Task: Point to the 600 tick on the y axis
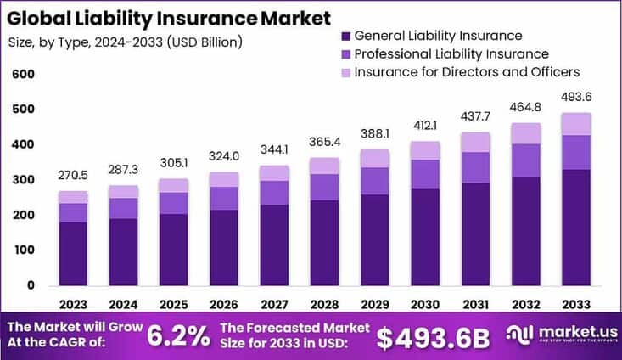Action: [23, 75]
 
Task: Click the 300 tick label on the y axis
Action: [23, 180]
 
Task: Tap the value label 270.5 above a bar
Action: [73, 176]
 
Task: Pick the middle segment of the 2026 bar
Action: [223, 198]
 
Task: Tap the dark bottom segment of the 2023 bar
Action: [73, 253]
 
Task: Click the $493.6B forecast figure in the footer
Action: [433, 336]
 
